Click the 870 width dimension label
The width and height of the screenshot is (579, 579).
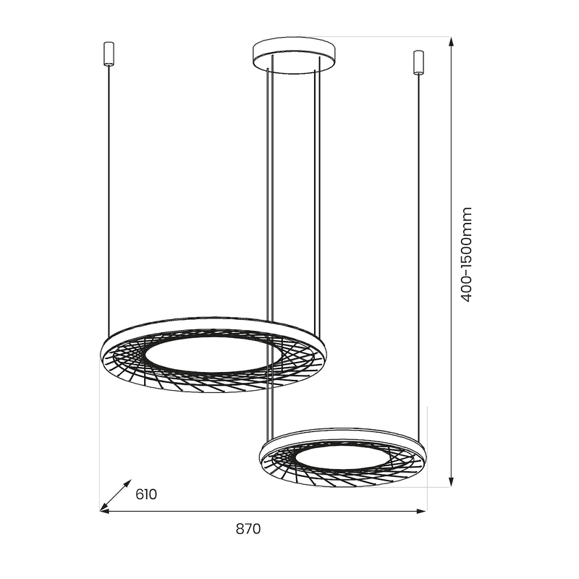click(248, 529)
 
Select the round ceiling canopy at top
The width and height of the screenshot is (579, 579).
click(294, 56)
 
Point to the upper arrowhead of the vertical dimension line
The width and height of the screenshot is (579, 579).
click(452, 42)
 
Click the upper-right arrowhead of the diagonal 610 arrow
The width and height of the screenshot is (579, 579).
click(128, 481)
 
